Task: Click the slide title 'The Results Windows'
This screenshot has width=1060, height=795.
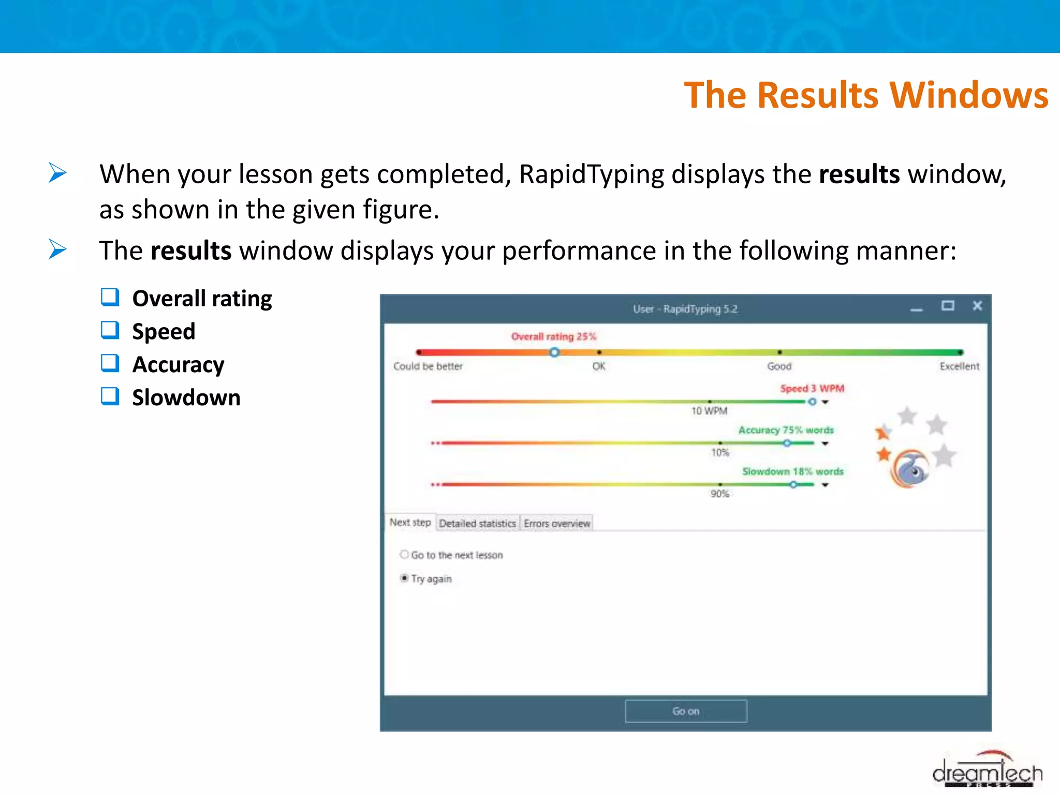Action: [x=865, y=95]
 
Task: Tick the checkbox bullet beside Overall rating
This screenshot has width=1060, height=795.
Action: [x=110, y=298]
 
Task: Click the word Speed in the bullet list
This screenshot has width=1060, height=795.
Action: [x=164, y=331]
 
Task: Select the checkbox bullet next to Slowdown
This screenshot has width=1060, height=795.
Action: [x=110, y=396]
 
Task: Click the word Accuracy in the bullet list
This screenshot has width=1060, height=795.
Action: [x=178, y=364]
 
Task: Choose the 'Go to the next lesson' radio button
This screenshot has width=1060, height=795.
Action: [x=404, y=554]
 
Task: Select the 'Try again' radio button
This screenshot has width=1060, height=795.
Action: [x=404, y=578]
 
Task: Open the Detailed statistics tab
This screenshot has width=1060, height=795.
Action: [x=477, y=523]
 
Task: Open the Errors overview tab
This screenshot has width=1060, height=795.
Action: [x=556, y=523]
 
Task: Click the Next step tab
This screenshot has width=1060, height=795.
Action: [x=410, y=522]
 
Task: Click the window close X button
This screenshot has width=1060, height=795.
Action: [x=977, y=306]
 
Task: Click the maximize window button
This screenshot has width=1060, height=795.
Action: [x=947, y=306]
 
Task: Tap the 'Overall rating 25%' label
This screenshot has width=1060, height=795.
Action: [x=553, y=336]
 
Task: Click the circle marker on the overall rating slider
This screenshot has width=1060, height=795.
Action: [x=554, y=352]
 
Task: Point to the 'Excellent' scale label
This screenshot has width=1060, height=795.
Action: [x=959, y=366]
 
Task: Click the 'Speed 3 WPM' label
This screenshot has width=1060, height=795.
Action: [x=812, y=388]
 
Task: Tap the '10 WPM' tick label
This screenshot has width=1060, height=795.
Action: [x=709, y=411]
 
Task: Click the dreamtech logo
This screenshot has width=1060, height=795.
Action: [x=987, y=772]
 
